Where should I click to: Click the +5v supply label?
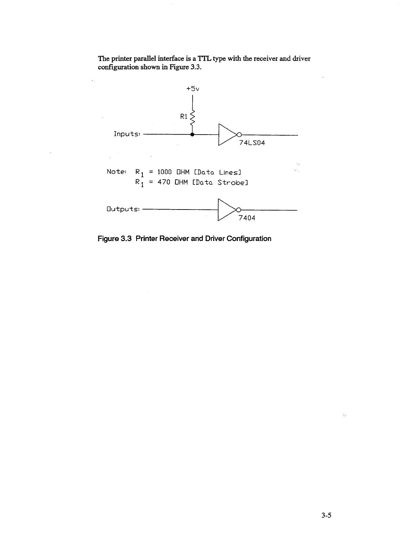(x=193, y=89)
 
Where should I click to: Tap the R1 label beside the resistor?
(x=184, y=117)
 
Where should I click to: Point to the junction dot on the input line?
(x=192, y=135)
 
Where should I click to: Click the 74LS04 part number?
(x=252, y=143)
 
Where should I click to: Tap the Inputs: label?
(x=127, y=134)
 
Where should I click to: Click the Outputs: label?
(x=123, y=209)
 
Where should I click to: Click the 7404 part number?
(x=247, y=218)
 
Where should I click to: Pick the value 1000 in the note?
(x=165, y=172)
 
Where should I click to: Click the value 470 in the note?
(x=163, y=183)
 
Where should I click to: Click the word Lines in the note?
(x=230, y=172)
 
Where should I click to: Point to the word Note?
(x=117, y=172)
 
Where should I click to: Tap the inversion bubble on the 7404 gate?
(x=238, y=209)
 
